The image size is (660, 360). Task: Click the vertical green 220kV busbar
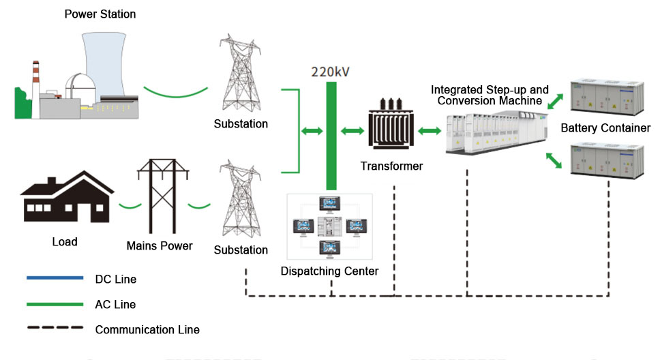(331, 136)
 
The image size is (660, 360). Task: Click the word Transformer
(391, 166)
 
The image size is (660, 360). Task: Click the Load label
(65, 241)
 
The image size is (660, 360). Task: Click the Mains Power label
(160, 245)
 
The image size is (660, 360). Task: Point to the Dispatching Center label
(329, 271)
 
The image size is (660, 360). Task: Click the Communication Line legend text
(147, 330)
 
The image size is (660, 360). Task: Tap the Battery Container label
(605, 128)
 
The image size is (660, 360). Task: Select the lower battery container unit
(606, 161)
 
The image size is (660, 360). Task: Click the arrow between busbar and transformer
(352, 130)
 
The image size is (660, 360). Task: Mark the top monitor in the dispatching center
(331, 204)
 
